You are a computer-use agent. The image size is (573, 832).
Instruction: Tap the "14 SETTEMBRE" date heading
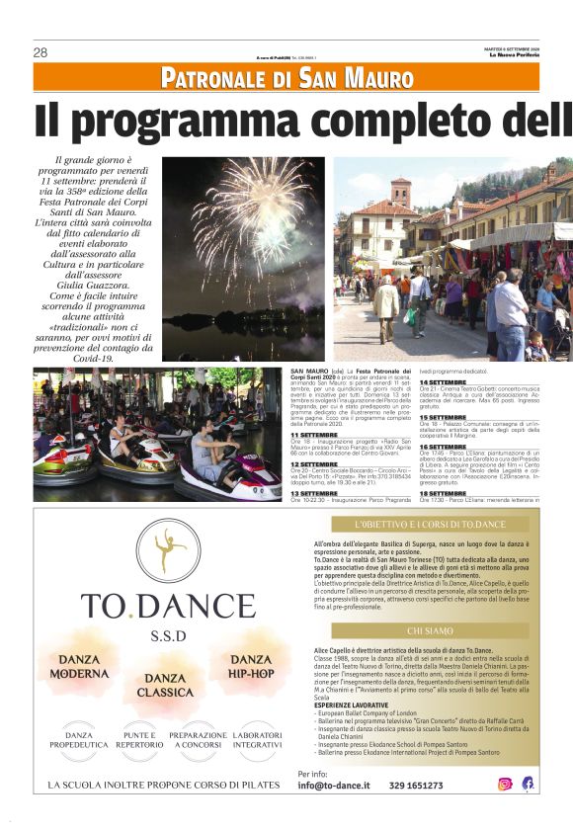click(444, 382)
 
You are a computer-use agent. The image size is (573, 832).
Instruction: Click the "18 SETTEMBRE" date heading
click(444, 491)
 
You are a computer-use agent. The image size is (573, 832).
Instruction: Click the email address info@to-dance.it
click(334, 786)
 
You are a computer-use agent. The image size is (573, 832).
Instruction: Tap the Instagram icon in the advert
click(505, 784)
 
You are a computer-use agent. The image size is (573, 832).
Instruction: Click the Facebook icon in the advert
click(528, 784)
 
